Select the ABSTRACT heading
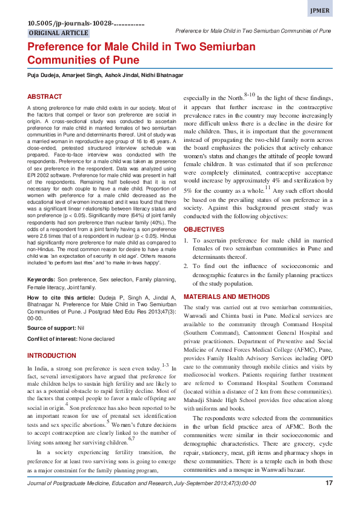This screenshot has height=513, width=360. (44, 97)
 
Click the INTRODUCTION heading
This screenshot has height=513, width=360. (52, 355)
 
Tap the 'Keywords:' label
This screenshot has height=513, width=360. (42, 280)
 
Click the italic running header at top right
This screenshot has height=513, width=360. (253, 30)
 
